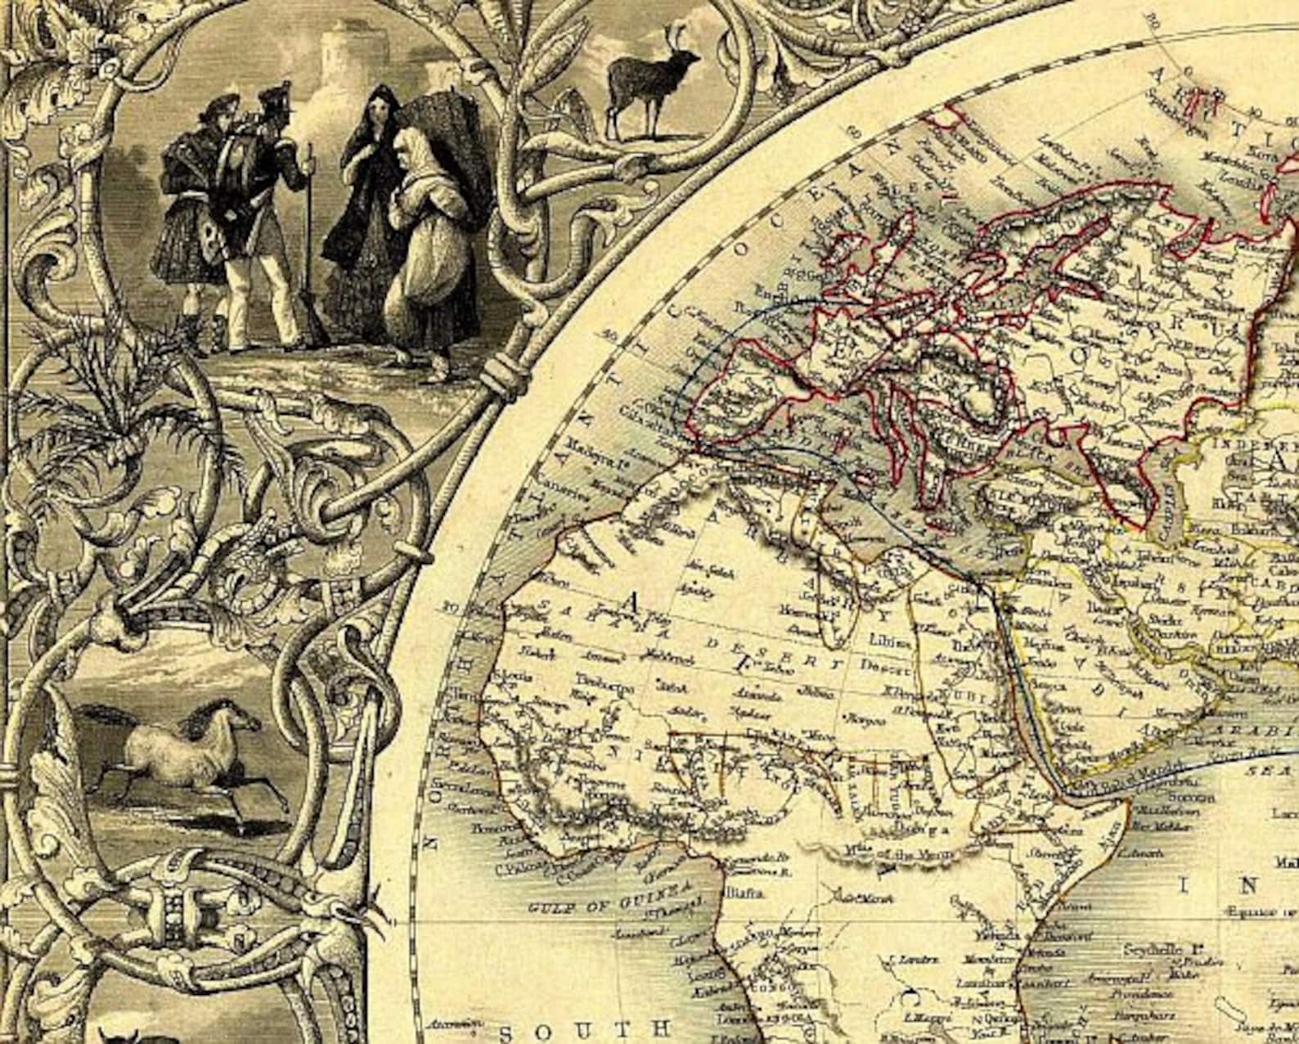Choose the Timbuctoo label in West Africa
pos(608,687)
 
